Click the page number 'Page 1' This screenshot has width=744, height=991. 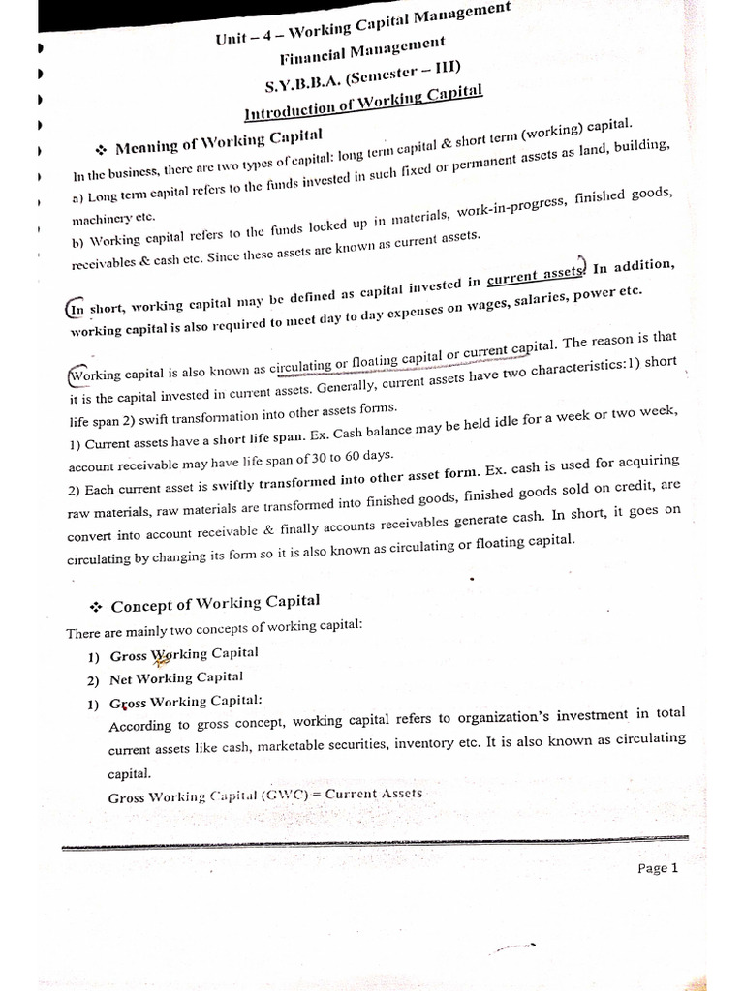tap(658, 868)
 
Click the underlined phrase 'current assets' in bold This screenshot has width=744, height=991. tap(535, 276)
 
